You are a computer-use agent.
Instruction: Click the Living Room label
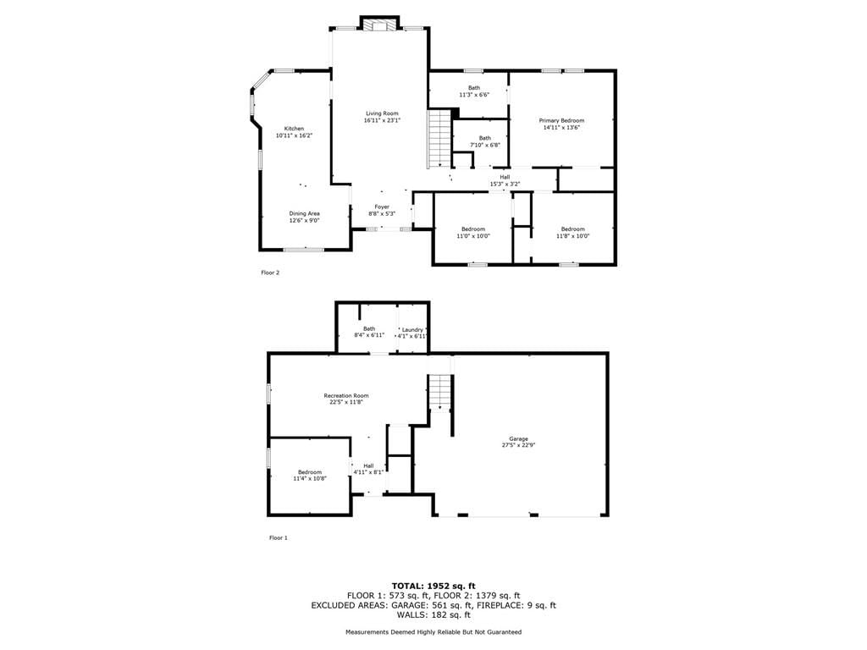(382, 113)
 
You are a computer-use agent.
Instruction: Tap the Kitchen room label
(294, 129)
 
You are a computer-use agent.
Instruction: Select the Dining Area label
(304, 213)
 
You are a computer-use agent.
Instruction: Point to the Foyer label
(382, 207)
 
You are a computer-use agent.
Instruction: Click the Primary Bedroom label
(562, 120)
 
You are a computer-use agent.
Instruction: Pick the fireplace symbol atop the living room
(379, 26)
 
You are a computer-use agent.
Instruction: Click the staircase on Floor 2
(439, 138)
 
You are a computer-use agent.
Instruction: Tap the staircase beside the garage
(440, 393)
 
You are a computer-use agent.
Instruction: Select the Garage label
(519, 439)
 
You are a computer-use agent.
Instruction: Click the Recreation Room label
(346, 396)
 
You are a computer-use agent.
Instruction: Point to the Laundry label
(412, 329)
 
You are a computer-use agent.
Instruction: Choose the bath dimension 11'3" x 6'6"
(474, 95)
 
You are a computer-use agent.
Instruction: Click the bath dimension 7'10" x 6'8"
(485, 145)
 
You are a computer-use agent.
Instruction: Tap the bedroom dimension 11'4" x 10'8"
(310, 479)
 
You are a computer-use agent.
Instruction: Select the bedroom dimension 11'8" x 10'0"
(573, 235)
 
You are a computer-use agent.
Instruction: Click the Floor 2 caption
(270, 273)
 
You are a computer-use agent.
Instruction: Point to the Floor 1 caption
(279, 537)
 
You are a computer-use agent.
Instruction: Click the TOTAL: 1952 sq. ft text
(433, 586)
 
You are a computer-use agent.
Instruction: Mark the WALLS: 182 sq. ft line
(433, 614)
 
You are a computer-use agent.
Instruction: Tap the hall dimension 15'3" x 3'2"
(505, 184)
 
